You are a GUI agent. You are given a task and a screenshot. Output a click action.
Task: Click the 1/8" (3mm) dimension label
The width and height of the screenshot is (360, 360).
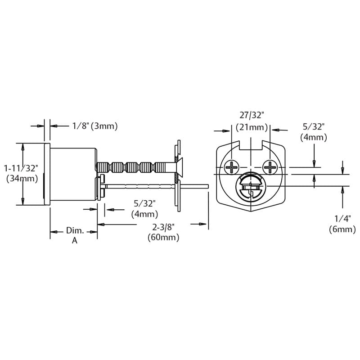95,126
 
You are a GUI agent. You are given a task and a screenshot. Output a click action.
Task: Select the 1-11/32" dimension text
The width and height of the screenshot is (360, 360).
21,168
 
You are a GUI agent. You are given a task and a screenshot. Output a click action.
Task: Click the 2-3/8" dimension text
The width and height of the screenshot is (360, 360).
163,228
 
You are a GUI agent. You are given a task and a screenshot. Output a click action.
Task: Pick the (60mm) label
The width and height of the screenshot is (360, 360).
163,238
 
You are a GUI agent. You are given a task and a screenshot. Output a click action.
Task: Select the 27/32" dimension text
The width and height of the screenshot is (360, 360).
251,116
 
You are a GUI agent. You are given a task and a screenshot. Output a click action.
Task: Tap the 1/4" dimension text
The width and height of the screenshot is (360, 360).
342,219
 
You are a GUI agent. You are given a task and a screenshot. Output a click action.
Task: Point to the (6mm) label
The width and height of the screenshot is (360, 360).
342,229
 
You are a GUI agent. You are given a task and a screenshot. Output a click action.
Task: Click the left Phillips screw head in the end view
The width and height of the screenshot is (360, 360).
233,168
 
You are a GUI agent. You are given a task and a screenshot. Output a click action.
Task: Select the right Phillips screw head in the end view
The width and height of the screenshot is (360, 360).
270,168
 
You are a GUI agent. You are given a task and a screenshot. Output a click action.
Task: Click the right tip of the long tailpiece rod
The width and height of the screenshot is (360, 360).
207,185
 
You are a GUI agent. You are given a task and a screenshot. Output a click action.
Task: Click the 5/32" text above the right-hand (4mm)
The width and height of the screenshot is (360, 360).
314,127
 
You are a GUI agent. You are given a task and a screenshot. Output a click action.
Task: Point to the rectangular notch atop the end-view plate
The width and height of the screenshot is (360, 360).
251,145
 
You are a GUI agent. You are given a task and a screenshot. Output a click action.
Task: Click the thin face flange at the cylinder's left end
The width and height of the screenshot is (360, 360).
47,174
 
